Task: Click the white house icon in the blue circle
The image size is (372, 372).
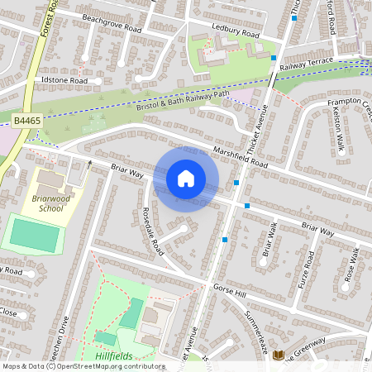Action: point(186,178)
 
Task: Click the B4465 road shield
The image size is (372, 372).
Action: point(26,121)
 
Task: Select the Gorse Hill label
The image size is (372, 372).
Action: point(230,293)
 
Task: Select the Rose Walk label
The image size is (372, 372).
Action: point(351,265)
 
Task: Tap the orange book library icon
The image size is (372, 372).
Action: point(279,355)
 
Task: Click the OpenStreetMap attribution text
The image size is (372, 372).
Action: point(83,366)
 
